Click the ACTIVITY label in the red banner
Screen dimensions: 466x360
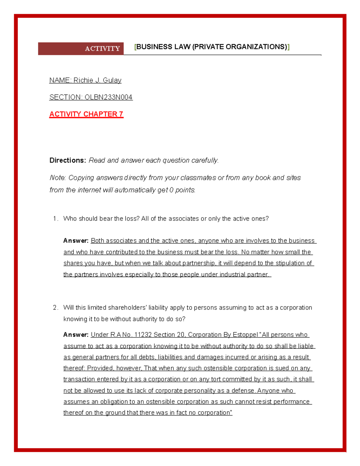(x=102, y=49)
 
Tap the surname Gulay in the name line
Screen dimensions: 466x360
(x=112, y=80)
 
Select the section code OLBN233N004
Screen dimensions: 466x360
(x=109, y=97)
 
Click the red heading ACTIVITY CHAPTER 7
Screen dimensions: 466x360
(x=86, y=114)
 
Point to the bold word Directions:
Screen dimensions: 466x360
(x=68, y=161)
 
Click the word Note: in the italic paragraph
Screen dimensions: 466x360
(x=58, y=178)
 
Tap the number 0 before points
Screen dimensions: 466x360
(x=171, y=190)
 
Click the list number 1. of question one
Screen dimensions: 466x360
(x=55, y=219)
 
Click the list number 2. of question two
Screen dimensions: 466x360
(x=55, y=308)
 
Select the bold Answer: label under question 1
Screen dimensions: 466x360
(x=76, y=241)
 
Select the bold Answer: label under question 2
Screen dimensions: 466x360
(x=76, y=335)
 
